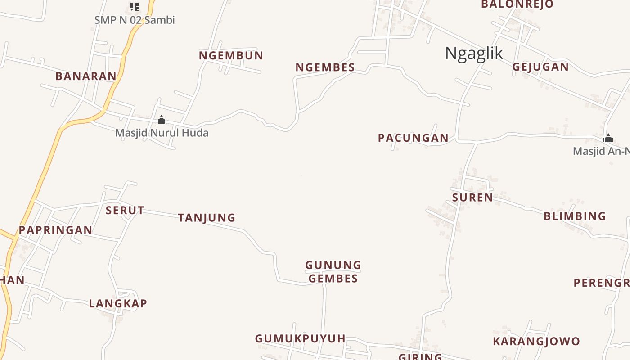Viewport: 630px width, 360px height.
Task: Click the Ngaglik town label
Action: point(474,54)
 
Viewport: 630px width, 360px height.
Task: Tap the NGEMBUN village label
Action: point(231,56)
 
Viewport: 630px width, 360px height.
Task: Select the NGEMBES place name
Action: point(325,67)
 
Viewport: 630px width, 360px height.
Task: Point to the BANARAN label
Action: point(86,76)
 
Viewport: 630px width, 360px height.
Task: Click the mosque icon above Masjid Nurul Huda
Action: point(162,120)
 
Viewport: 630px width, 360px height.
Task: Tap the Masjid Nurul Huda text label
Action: point(162,133)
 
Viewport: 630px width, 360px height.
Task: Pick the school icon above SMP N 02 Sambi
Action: point(134,6)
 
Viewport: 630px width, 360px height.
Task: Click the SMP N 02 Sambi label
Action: point(135,20)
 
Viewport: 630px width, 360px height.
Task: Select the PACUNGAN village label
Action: point(413,138)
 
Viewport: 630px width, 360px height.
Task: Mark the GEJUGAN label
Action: point(540,67)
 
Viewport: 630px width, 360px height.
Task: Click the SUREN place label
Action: point(472,198)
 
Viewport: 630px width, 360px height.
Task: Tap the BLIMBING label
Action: point(575,216)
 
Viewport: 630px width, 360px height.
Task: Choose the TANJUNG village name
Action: point(207,218)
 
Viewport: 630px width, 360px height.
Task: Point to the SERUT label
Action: point(125,211)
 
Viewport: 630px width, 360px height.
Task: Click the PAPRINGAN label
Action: point(55,230)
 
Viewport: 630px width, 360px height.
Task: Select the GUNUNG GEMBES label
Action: point(333,272)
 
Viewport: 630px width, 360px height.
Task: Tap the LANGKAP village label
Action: point(118,304)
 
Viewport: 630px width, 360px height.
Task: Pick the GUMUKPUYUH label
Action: point(300,339)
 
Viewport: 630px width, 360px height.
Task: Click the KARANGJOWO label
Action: point(536,342)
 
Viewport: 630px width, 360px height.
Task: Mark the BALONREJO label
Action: point(517,4)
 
